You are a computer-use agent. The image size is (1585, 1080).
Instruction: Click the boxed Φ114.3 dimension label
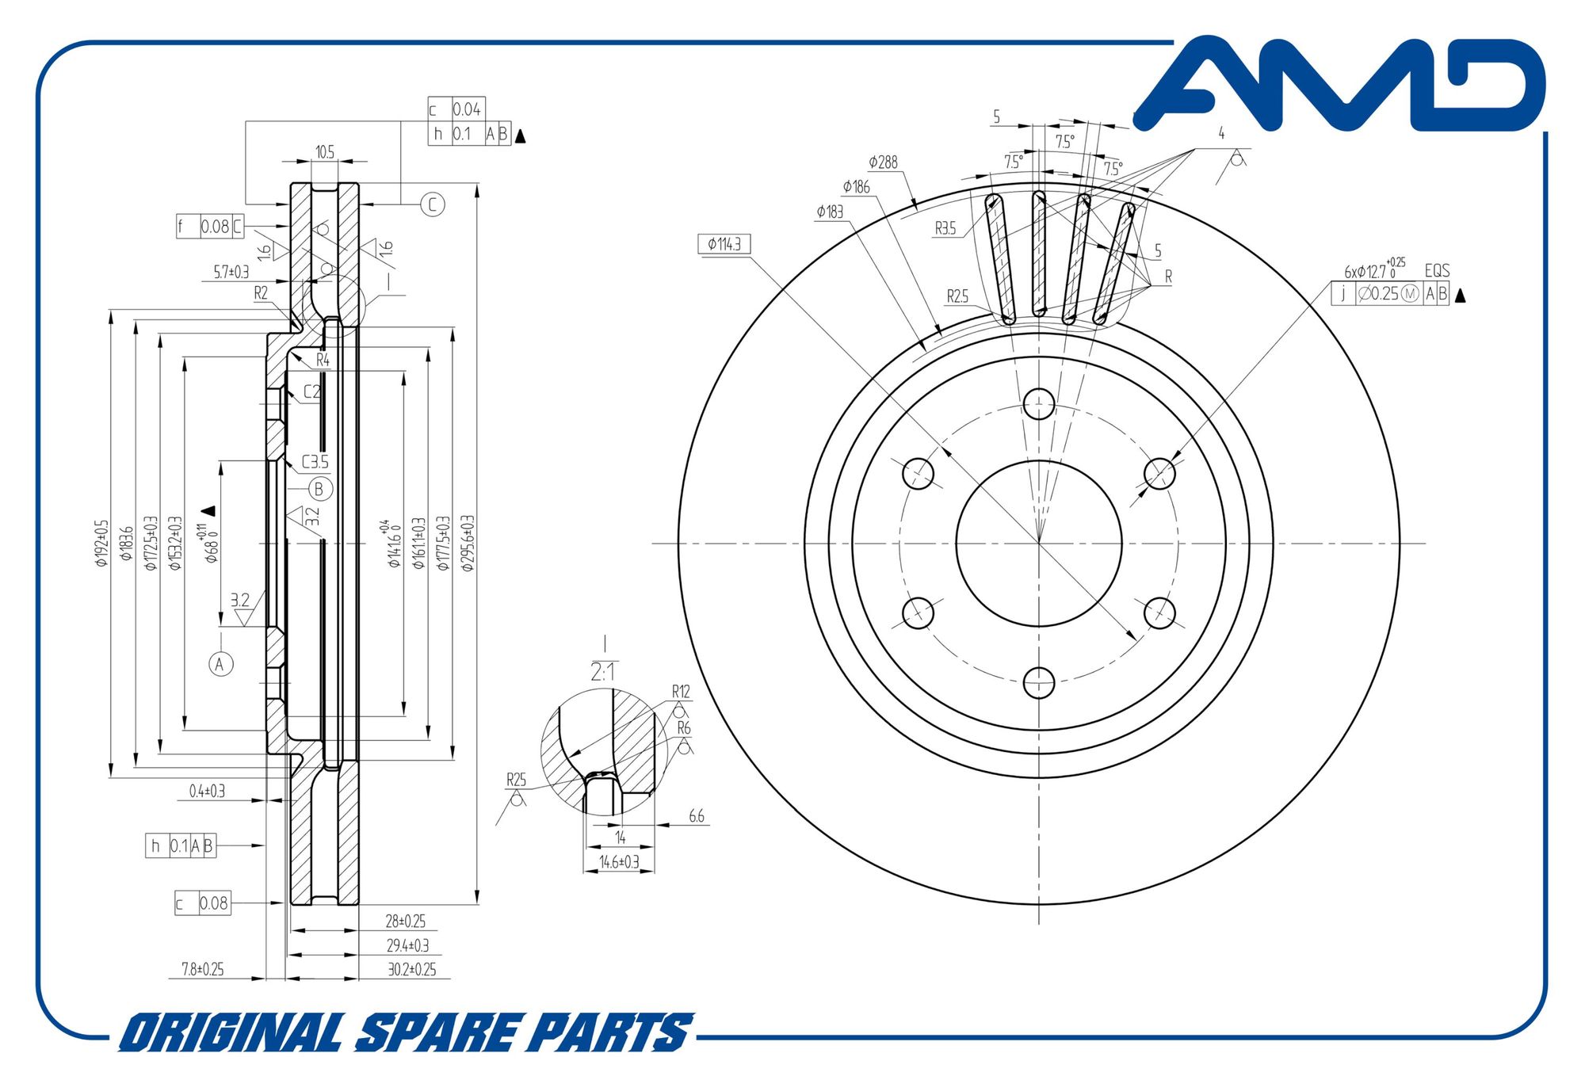click(x=724, y=244)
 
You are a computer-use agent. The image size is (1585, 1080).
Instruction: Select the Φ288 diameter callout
click(x=883, y=162)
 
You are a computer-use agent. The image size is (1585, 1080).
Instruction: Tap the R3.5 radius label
click(x=945, y=229)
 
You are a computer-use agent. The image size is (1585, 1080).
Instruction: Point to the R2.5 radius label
click(x=957, y=296)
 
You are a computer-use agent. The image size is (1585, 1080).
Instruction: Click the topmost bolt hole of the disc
click(x=1038, y=403)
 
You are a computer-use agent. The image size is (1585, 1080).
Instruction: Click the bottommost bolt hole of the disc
click(x=1038, y=682)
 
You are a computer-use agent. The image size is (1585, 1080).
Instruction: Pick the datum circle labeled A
click(x=220, y=664)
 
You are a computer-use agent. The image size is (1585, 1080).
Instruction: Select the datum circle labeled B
click(x=319, y=489)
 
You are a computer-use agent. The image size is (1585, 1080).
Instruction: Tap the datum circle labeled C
click(x=432, y=204)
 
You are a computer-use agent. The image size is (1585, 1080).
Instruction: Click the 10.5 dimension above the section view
click(x=325, y=151)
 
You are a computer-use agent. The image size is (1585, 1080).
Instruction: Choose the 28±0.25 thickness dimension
click(x=405, y=922)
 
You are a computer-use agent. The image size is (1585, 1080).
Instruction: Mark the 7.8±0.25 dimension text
click(x=203, y=969)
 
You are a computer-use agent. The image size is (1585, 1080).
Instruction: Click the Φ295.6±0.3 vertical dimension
click(x=467, y=543)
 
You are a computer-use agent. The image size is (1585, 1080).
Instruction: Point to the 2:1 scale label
click(x=602, y=673)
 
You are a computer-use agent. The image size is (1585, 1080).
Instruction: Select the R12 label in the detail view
click(x=681, y=692)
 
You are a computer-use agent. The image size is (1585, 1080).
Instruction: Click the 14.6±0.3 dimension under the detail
click(x=619, y=862)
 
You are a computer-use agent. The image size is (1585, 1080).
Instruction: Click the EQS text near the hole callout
click(x=1437, y=271)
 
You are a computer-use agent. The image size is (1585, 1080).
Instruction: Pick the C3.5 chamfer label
click(x=315, y=462)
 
